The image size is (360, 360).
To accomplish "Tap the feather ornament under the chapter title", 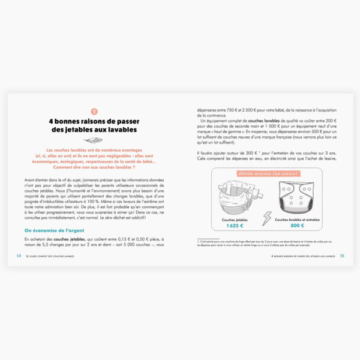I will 93,140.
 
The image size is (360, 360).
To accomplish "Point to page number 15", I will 342,254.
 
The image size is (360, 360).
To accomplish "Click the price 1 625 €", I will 235,225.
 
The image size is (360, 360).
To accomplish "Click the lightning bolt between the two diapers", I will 266,218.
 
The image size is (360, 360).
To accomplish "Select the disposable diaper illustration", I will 235,195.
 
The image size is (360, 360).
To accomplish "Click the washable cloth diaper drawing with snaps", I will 298,196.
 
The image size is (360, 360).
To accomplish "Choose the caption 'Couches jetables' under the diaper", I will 235,219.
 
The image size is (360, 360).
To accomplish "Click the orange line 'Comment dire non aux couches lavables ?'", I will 93,169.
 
